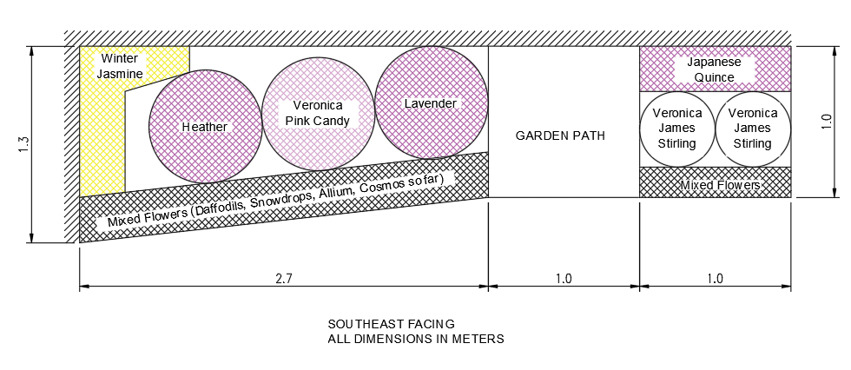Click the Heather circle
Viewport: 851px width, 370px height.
pos(205,127)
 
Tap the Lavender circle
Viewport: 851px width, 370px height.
pos(431,103)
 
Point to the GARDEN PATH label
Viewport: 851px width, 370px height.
pos(560,135)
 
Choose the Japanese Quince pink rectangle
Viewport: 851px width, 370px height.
pos(715,69)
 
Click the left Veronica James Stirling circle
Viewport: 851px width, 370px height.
pos(677,129)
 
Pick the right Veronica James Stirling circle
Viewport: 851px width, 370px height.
pos(752,129)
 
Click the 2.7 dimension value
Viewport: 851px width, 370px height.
pos(283,279)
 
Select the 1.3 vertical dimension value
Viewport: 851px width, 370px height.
pos(23,145)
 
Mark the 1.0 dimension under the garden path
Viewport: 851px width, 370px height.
pos(563,279)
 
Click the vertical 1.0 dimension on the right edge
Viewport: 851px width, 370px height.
pos(827,122)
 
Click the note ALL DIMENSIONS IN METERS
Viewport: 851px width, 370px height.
pos(415,339)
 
